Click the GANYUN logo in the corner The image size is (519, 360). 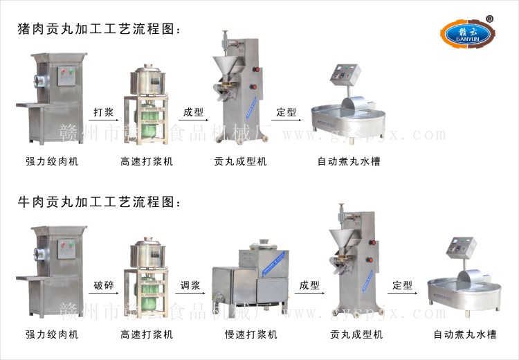[x=467, y=33]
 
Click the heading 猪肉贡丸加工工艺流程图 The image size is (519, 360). [x=100, y=30]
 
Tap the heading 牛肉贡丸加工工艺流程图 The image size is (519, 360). [x=100, y=203]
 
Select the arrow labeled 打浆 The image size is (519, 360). [x=104, y=120]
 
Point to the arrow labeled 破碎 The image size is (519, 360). [x=104, y=293]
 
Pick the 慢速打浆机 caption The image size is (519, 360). [x=251, y=334]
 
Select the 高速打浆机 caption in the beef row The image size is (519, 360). [x=146, y=334]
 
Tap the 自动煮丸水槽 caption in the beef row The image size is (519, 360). [x=465, y=334]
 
